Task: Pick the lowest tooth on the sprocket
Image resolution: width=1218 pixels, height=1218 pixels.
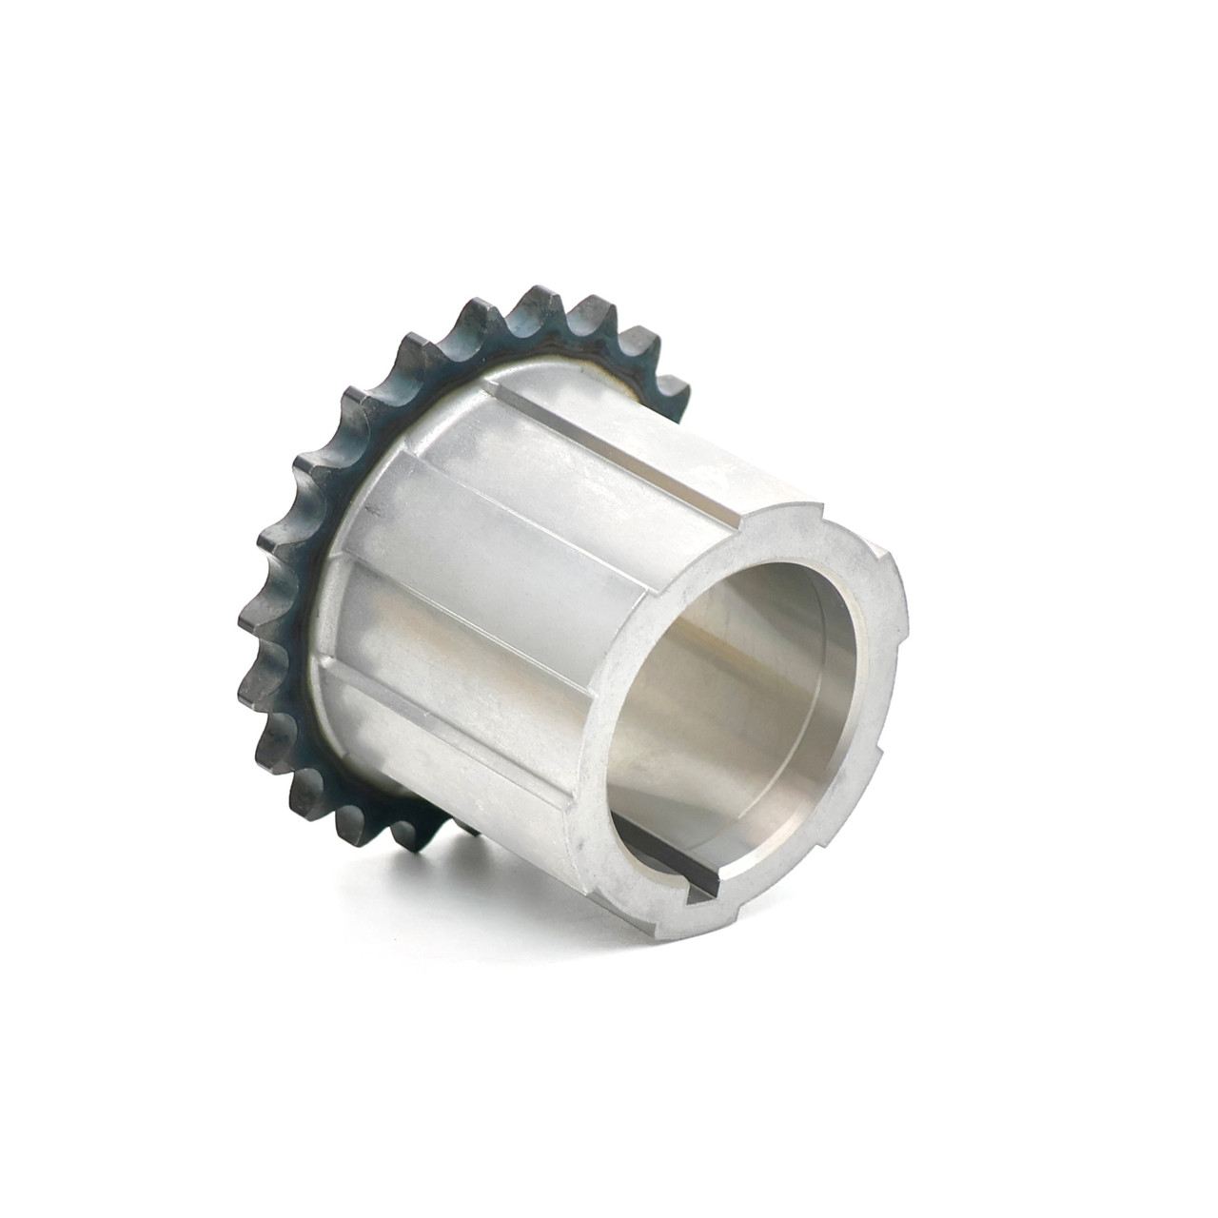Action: click(x=415, y=835)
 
